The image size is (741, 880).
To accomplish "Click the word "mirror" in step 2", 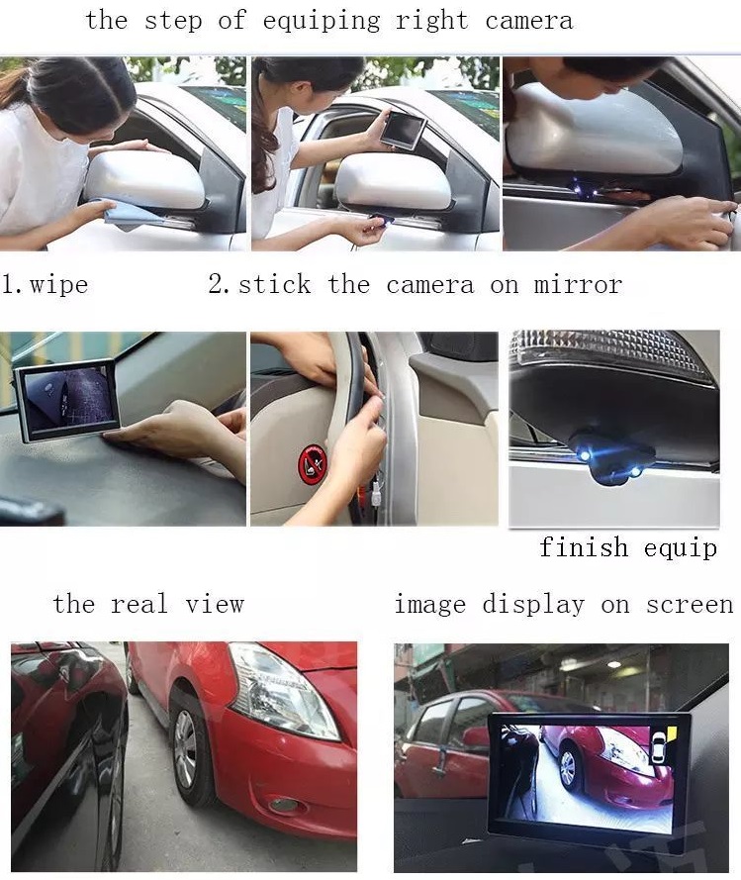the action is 578,284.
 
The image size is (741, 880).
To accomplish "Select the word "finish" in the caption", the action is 584,547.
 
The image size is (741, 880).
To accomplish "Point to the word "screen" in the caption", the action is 690,605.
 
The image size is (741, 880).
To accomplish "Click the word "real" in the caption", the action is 139,604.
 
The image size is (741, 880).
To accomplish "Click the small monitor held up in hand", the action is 405,130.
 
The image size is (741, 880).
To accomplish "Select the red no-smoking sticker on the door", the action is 312,464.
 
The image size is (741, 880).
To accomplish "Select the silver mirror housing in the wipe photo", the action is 145,178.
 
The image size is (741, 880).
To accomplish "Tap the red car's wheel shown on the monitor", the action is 568,765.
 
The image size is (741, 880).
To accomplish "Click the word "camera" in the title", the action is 529,22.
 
